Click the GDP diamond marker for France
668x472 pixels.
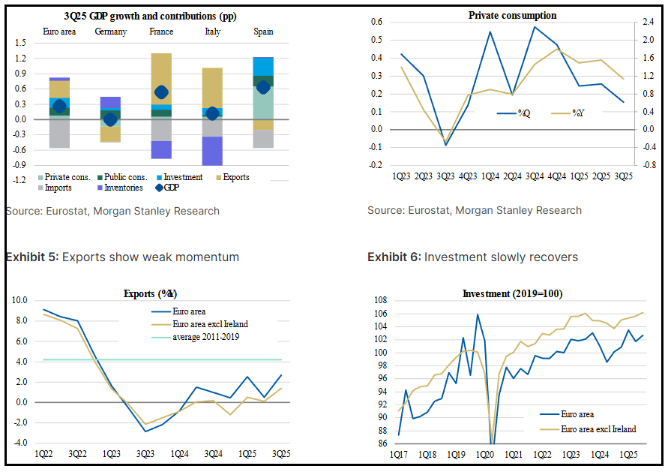coord(161,92)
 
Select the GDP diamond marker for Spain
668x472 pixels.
coord(263,88)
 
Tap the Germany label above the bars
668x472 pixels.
coord(110,32)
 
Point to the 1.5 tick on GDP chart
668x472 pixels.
coord(20,43)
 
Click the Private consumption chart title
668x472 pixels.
coord(512,15)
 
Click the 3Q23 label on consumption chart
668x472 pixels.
coord(445,177)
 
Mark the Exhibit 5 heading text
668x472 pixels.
coord(122,257)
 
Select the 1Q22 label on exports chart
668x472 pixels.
coord(43,455)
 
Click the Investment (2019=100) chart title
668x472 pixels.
coord(513,293)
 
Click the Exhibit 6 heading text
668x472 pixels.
coord(472,257)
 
